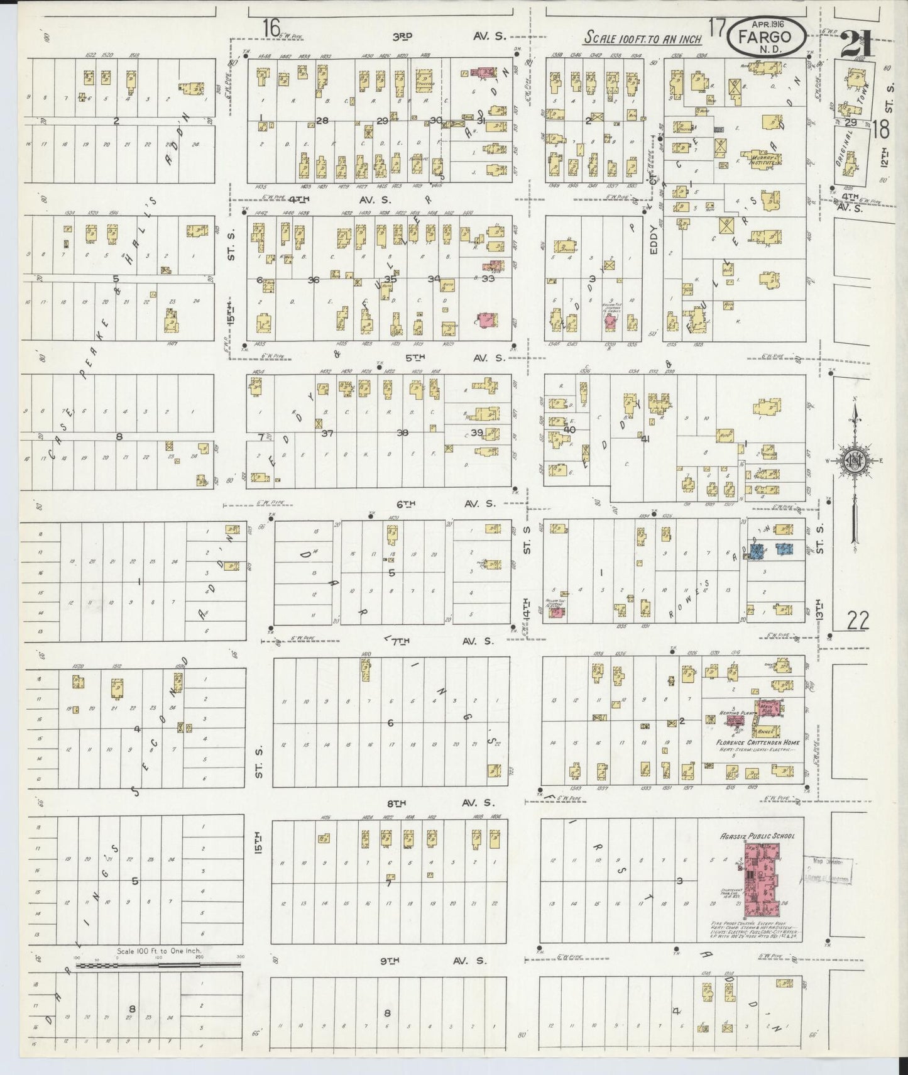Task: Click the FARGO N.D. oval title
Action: click(x=768, y=37)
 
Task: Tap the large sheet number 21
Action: click(x=856, y=43)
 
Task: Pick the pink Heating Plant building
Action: click(x=733, y=720)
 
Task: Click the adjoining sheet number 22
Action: click(x=857, y=621)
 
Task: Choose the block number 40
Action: click(x=569, y=429)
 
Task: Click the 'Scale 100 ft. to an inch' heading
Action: click(x=642, y=38)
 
